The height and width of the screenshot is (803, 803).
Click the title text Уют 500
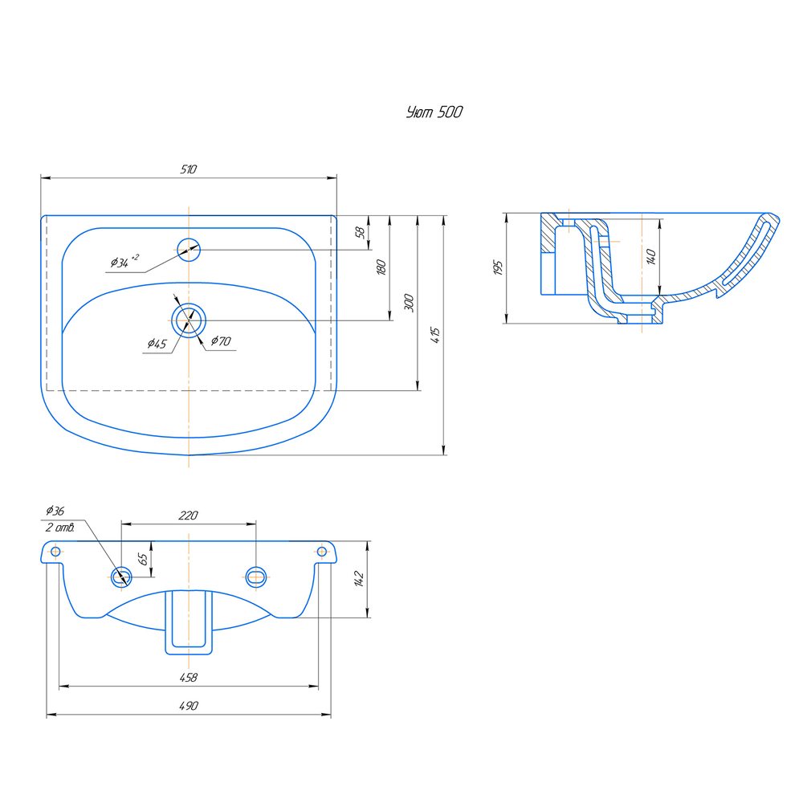[434, 112]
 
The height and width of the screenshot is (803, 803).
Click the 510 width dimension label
[189, 169]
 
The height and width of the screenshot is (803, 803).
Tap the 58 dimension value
[360, 233]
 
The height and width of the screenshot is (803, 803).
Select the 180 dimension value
[381, 267]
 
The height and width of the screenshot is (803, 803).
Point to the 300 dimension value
[409, 302]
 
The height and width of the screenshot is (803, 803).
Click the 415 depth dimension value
[435, 335]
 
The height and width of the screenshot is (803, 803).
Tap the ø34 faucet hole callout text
[124, 261]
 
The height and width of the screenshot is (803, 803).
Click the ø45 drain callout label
[157, 344]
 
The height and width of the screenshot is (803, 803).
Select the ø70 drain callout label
[221, 340]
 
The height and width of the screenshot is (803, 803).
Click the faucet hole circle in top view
[189, 250]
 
